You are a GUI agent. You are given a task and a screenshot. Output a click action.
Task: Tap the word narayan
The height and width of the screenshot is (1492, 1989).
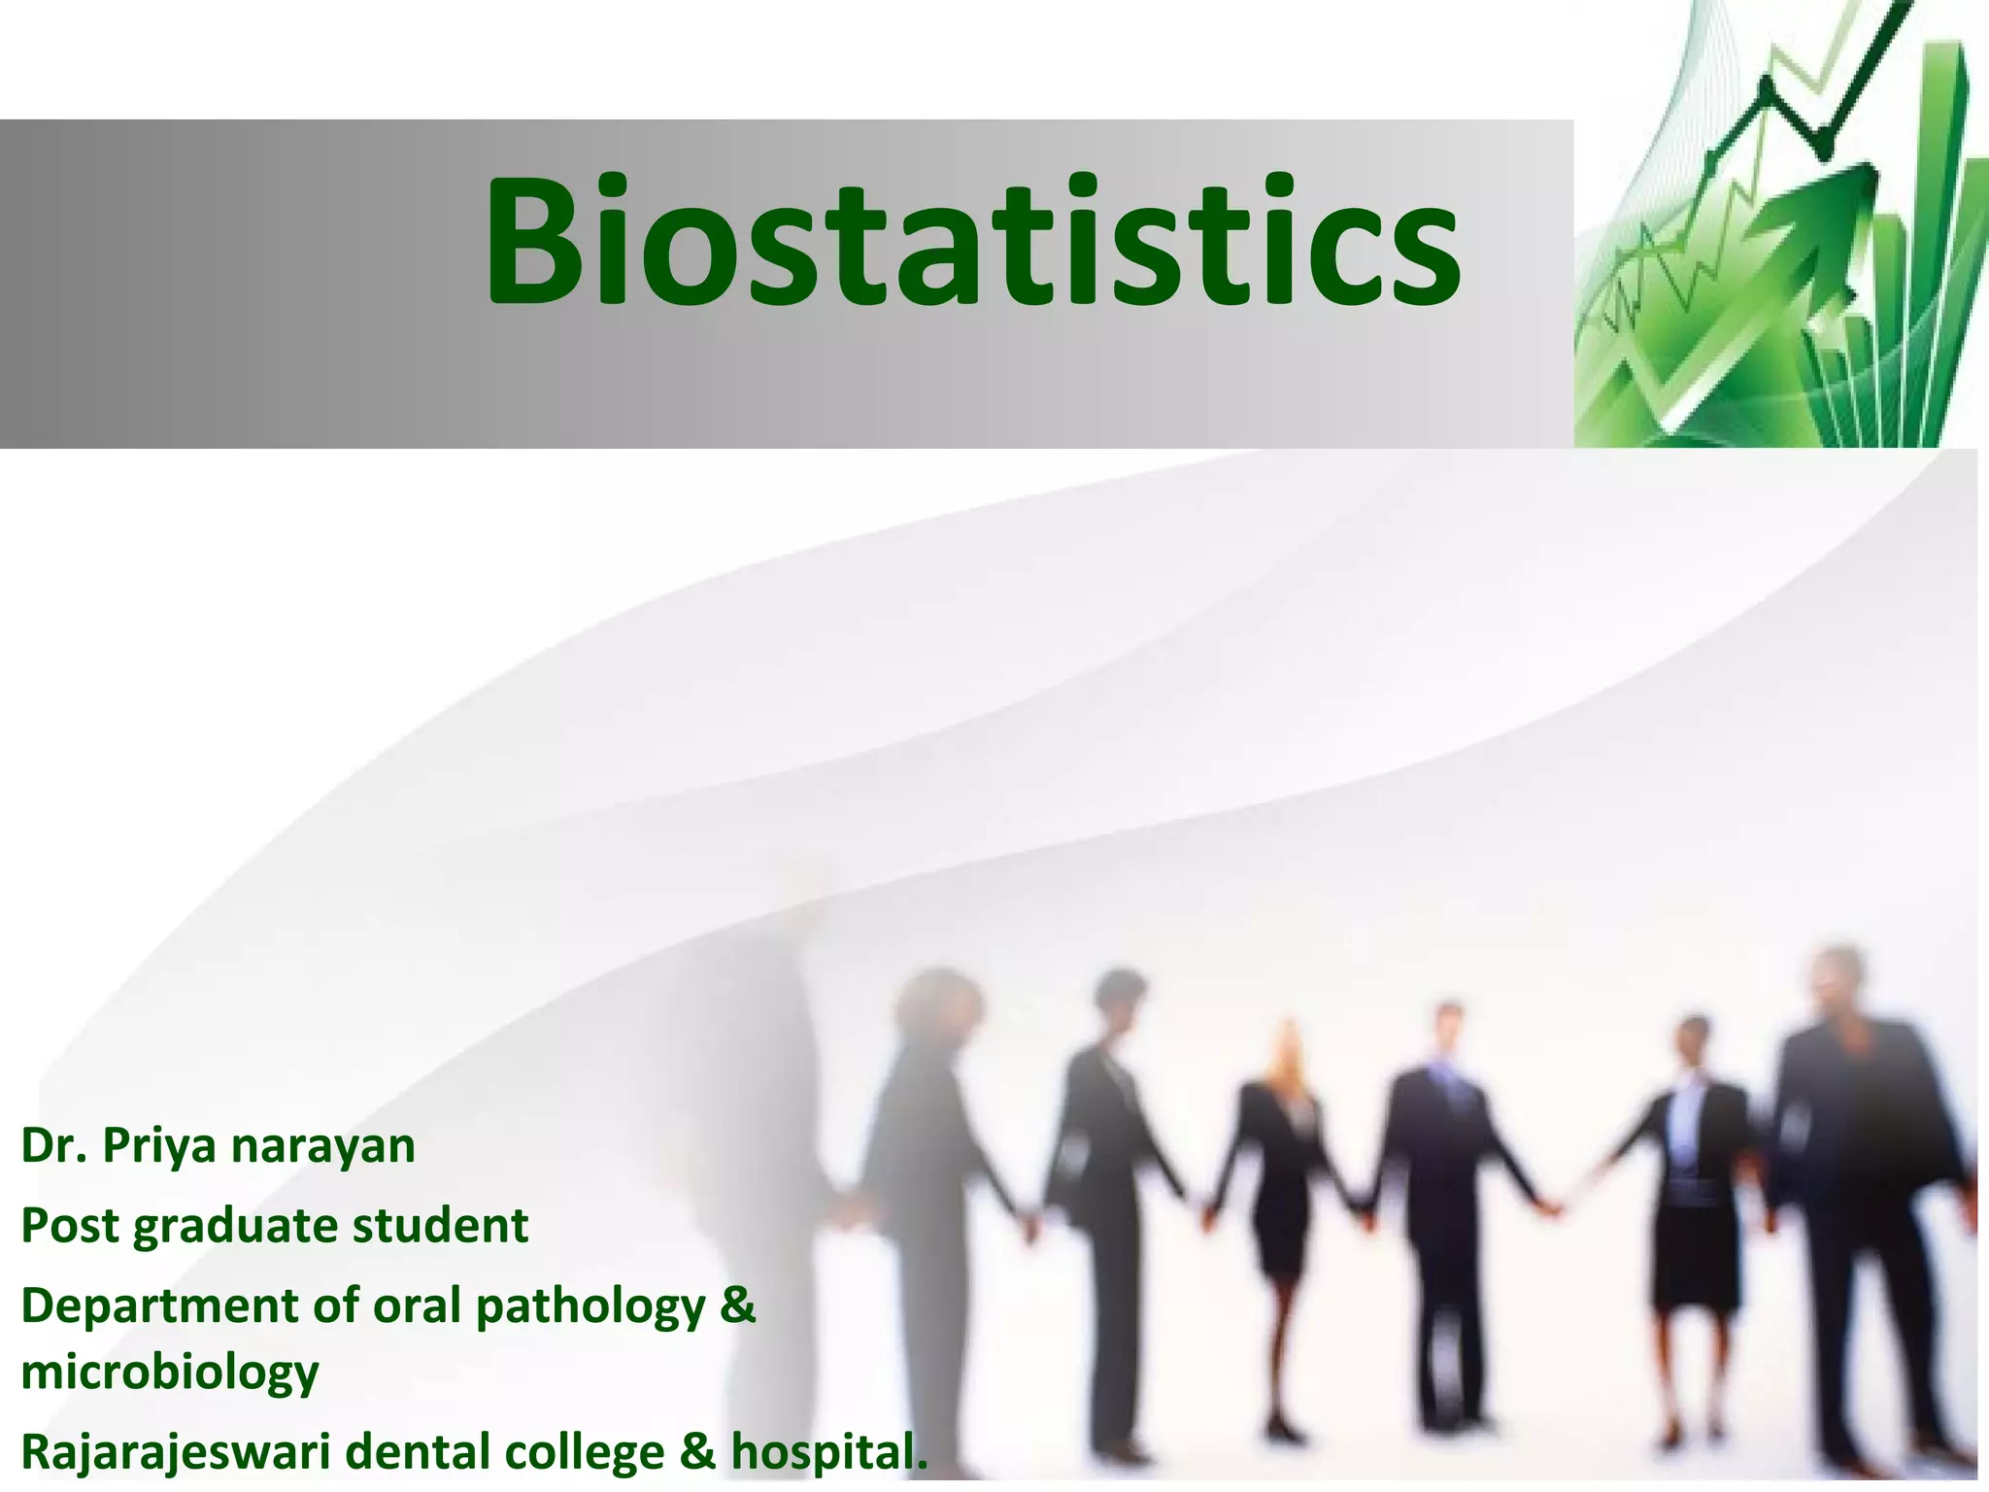pyautogui.click(x=323, y=1146)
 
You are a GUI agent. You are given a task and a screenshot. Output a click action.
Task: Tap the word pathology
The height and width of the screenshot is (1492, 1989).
pyautogui.click(x=590, y=1307)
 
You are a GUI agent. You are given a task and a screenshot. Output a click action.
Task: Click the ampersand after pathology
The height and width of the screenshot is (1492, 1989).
pyautogui.click(x=738, y=1305)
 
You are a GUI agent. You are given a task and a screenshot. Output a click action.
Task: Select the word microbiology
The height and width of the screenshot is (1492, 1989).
pyautogui.click(x=170, y=1373)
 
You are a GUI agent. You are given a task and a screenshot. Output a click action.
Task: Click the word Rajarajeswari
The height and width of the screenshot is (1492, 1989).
pyautogui.click(x=176, y=1454)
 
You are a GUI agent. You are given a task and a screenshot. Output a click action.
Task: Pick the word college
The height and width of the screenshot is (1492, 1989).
pyautogui.click(x=585, y=1454)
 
